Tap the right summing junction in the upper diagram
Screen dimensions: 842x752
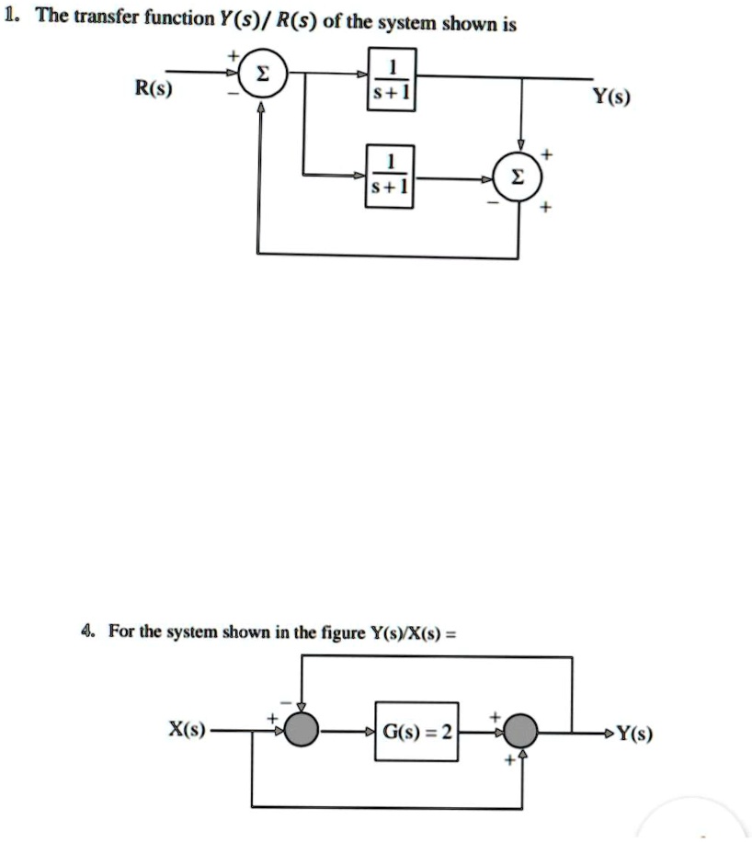pos(519,180)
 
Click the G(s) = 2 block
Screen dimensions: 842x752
pos(417,733)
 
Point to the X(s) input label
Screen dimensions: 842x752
pos(187,731)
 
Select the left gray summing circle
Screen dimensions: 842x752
pos(301,732)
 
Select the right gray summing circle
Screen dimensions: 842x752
pos(522,732)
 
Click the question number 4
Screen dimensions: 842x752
pos(87,631)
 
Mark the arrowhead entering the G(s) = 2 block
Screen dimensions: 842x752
pos(370,733)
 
